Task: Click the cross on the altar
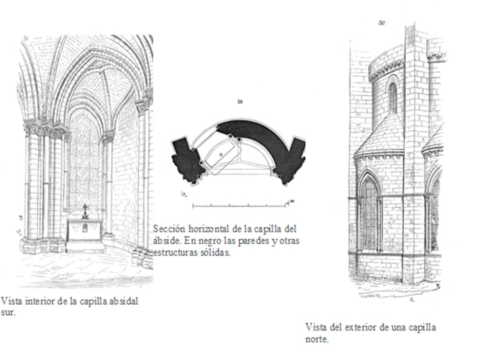85,210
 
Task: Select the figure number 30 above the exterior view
382,23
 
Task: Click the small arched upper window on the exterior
393,98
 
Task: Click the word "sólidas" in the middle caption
215,253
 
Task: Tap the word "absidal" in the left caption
122,301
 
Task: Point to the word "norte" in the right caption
316,340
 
